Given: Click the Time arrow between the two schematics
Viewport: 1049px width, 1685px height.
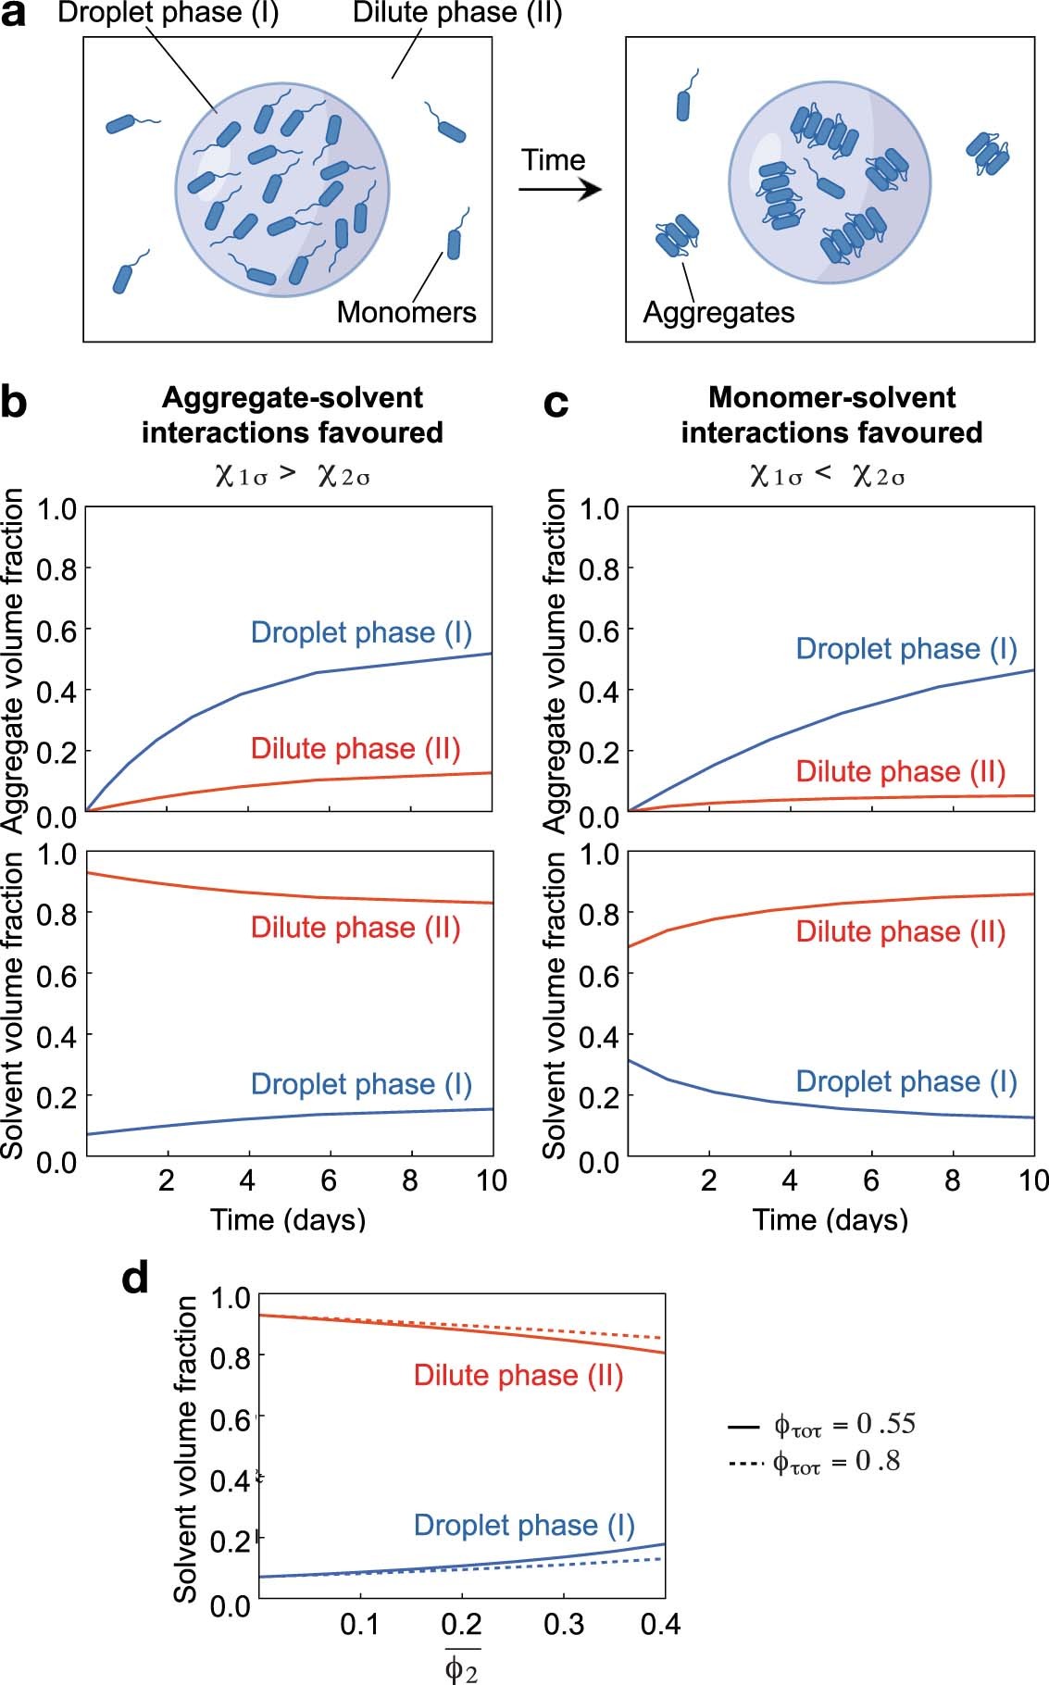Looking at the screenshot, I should tap(559, 191).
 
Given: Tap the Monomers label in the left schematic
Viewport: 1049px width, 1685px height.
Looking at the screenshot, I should tap(406, 312).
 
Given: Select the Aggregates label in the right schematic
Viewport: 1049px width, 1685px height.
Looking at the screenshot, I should tap(718, 313).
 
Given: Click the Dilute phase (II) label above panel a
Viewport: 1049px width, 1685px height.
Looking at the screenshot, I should tap(457, 14).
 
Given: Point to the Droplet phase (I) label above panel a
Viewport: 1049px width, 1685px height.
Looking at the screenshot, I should tap(168, 14).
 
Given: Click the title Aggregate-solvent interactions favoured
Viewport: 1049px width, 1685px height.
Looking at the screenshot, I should tap(292, 415).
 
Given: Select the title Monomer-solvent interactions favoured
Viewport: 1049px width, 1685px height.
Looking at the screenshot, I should tap(831, 415).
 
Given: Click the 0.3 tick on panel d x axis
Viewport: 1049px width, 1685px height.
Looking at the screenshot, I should tap(564, 1624).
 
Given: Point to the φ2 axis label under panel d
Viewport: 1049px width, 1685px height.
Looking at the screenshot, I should tap(461, 1667).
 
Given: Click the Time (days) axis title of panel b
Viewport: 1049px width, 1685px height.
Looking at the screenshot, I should tap(288, 1219).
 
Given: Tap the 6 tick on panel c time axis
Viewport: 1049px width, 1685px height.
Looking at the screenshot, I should tap(871, 1180).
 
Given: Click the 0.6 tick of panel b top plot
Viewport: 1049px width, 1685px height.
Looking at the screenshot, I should tap(55, 630).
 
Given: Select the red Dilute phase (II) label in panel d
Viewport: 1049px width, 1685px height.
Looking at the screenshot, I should tap(518, 1376).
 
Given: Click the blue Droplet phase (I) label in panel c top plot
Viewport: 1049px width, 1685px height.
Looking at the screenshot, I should tap(906, 649).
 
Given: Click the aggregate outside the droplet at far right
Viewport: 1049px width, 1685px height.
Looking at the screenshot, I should tap(988, 153).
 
